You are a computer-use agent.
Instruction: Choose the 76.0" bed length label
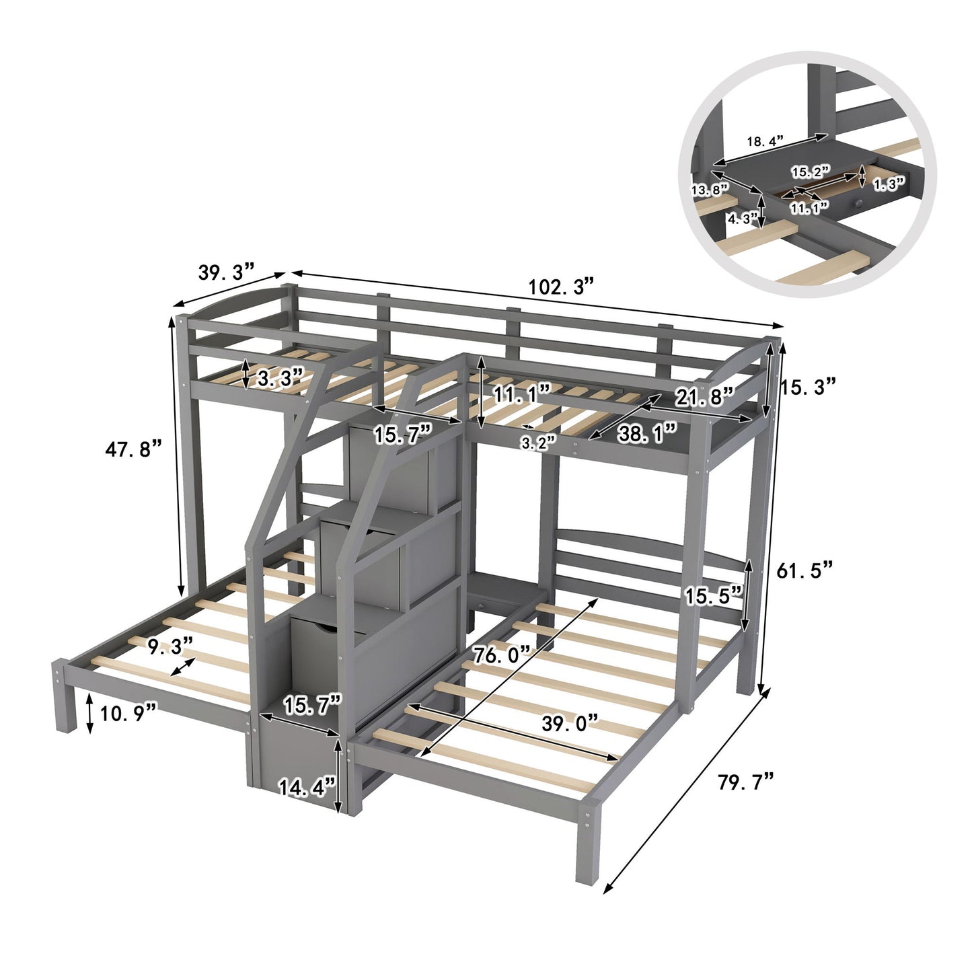[x=501, y=654]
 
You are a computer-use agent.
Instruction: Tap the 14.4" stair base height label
[x=307, y=786]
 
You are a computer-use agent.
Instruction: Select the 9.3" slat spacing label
[x=170, y=646]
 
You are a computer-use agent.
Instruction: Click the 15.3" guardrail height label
[x=807, y=385]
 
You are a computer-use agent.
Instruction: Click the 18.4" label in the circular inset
[x=765, y=141]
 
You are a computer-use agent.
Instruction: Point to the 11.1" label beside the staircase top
[x=521, y=393]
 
